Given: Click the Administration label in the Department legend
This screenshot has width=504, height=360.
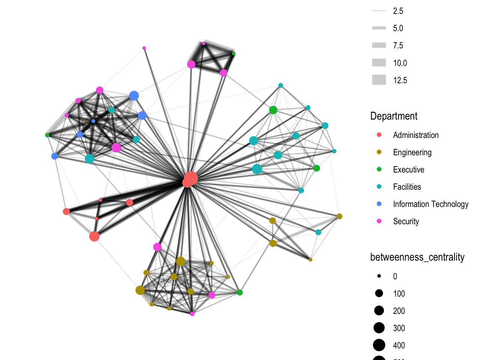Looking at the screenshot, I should (415, 135).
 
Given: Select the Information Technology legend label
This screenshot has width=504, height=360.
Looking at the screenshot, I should (430, 204).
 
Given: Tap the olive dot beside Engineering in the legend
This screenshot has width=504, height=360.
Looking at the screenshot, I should (379, 152).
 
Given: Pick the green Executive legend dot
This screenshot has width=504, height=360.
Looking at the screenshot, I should (379, 169).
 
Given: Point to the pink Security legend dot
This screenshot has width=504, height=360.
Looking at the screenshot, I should (379, 221).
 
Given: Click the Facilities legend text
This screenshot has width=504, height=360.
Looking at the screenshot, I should (407, 187).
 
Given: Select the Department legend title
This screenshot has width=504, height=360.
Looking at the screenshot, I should (394, 116).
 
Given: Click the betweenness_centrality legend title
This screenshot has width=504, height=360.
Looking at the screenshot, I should (417, 257).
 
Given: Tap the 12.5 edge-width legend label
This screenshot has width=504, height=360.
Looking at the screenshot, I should (400, 80).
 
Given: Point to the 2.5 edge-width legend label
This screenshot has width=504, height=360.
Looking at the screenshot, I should (398, 11).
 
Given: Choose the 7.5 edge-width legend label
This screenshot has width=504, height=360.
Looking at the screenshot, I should (398, 45).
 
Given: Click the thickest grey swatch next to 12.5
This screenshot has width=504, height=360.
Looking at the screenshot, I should (379, 80).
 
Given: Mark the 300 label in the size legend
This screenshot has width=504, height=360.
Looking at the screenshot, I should (399, 328).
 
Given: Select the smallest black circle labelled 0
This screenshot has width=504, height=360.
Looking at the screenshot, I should (379, 276).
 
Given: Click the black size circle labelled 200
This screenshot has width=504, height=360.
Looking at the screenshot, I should (379, 310).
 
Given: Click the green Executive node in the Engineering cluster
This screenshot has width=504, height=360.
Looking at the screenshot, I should (240, 292).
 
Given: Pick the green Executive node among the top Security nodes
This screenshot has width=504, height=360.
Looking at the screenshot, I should (233, 54).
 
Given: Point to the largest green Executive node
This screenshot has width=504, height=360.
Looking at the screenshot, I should (273, 110).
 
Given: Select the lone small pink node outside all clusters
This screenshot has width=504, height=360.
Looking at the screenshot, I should (144, 48).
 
